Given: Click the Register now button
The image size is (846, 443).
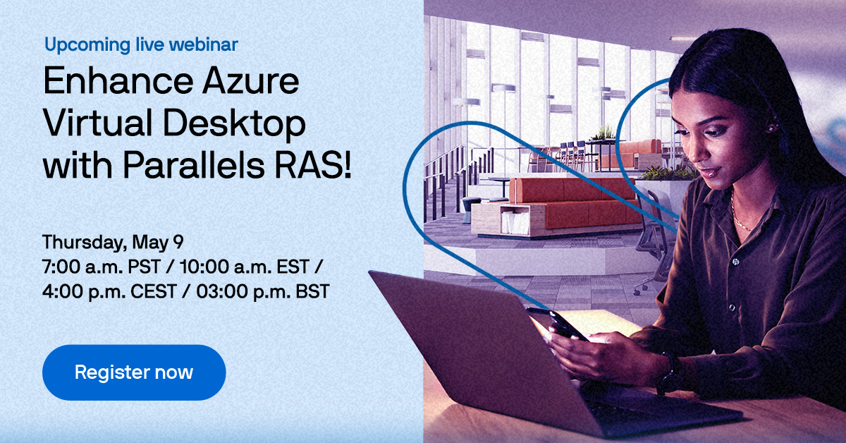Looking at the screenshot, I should coord(134,372).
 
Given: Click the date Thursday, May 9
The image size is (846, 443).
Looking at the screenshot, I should coord(113,243).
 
